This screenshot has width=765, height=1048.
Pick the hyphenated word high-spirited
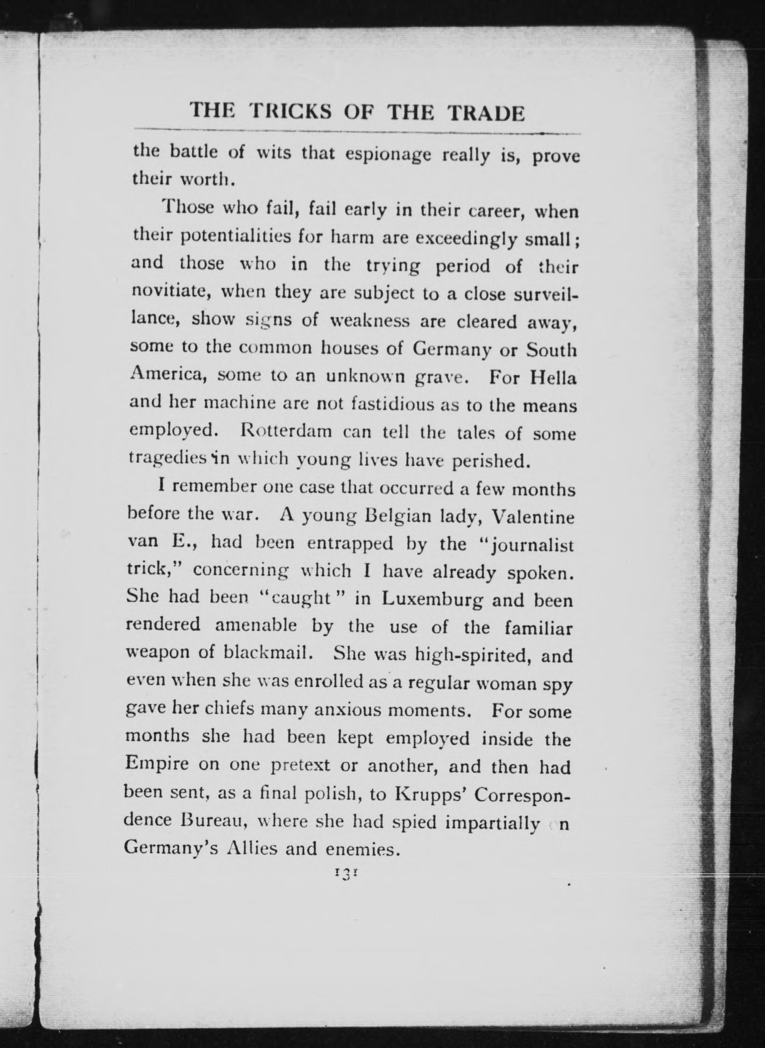[x=467, y=655]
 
